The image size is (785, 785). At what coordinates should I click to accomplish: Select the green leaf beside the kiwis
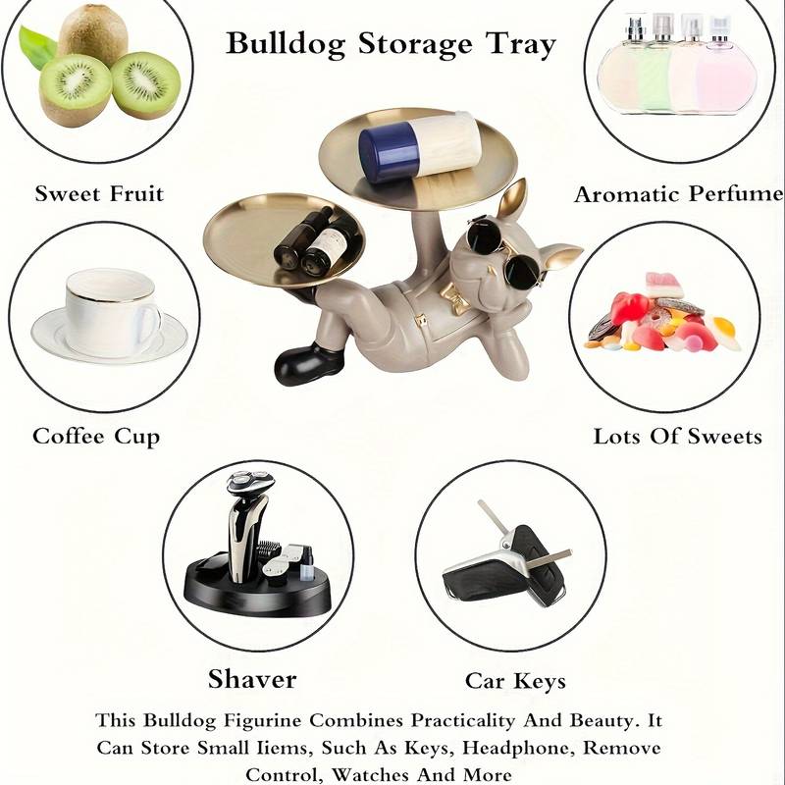(36, 46)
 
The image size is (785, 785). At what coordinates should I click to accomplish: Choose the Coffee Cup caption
(96, 437)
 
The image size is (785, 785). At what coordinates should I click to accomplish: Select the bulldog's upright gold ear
(513, 201)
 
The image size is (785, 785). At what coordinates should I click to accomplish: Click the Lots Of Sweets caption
(677, 437)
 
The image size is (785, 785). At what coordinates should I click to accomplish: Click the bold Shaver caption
(252, 679)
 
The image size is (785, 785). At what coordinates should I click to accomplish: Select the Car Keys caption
(515, 681)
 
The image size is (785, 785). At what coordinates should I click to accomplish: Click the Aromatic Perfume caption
(678, 194)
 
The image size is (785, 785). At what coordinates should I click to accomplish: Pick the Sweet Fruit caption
(99, 193)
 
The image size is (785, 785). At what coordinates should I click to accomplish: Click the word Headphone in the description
(517, 748)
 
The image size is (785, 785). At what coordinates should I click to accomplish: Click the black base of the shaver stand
(258, 591)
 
